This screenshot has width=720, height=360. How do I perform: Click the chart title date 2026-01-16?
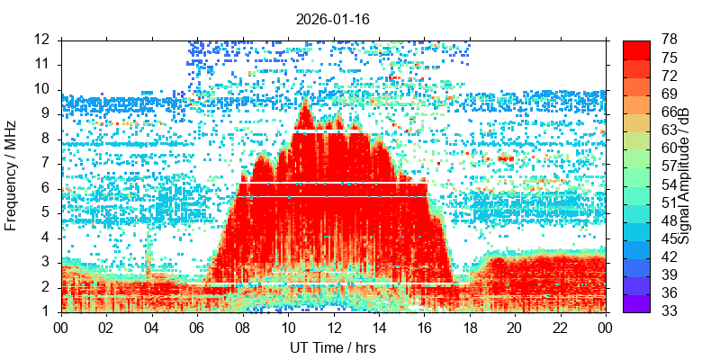332,18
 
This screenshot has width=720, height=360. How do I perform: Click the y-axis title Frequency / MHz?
12,175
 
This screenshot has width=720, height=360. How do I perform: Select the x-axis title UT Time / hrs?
332,347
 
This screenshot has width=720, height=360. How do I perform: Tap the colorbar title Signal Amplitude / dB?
684,175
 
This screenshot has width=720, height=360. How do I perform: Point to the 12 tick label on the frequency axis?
42,40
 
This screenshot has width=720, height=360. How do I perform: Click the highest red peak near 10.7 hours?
303,104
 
